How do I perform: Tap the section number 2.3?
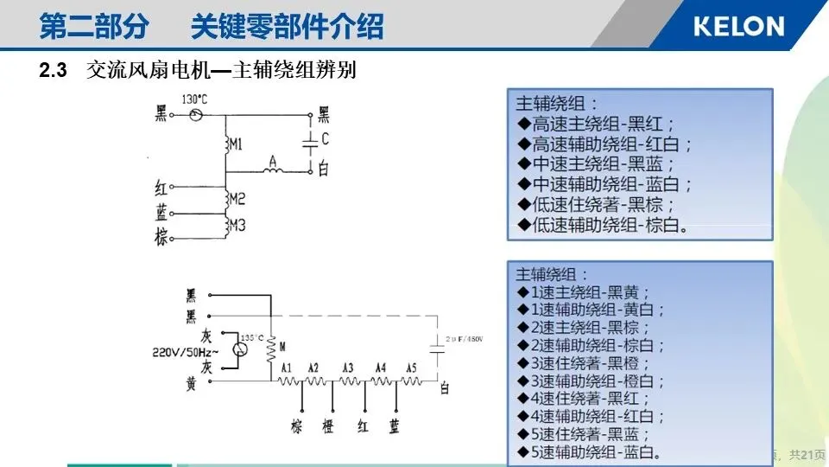(54, 72)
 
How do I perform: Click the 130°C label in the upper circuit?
(195, 99)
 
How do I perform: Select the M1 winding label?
(236, 142)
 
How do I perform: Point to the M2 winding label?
(237, 198)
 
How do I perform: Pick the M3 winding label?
(237, 225)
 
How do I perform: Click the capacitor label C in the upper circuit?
(325, 138)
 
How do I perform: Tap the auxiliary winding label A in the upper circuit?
(273, 160)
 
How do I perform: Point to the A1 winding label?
(286, 368)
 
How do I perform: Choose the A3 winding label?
(348, 368)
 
